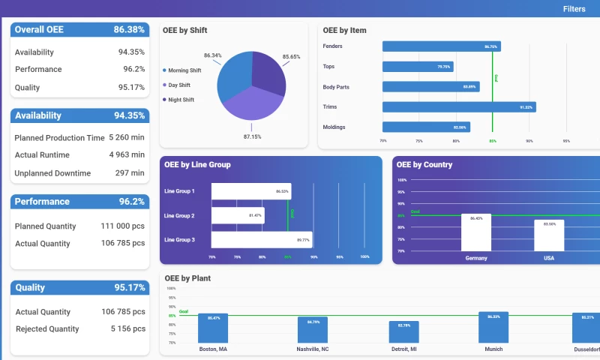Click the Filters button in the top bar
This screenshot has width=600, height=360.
[574, 9]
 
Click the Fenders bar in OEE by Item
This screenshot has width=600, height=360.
[441, 46]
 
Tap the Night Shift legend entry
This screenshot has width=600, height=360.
[180, 100]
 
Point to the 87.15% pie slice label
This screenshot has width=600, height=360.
[252, 136]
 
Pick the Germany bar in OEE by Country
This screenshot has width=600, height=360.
[476, 232]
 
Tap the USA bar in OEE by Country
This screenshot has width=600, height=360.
[549, 235]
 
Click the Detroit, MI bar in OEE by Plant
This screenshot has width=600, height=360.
[403, 332]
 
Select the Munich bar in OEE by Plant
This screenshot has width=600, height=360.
[493, 328]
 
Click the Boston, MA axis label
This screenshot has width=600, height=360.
[214, 349]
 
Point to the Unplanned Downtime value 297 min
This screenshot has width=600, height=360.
[130, 173]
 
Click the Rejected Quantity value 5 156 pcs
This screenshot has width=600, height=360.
[127, 328]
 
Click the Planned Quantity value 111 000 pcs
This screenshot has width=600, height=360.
[123, 226]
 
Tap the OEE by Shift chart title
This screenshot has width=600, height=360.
[185, 31]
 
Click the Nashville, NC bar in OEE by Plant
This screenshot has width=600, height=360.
[313, 330]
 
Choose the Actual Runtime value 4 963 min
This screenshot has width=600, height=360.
[127, 155]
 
